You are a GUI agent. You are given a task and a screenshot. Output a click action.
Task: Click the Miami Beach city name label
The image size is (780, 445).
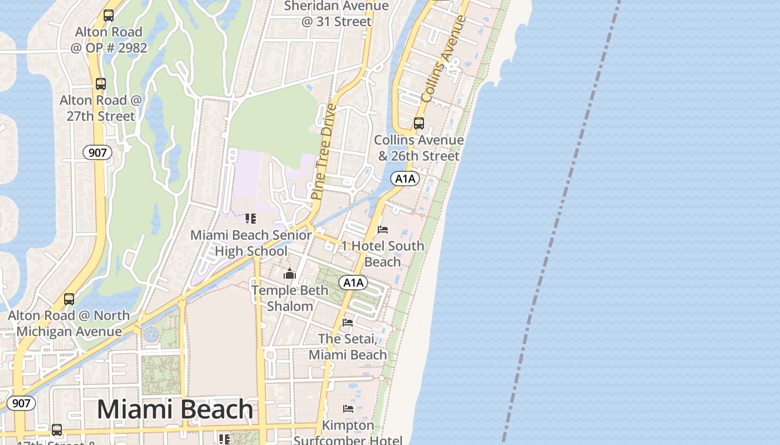(x=175, y=409)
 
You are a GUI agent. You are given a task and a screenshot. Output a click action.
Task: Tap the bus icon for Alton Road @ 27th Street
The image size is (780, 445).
(x=101, y=84)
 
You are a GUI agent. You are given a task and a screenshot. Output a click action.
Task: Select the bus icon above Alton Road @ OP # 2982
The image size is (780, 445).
(x=109, y=16)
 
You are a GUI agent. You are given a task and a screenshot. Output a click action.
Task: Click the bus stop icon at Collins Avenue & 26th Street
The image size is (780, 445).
(x=419, y=123)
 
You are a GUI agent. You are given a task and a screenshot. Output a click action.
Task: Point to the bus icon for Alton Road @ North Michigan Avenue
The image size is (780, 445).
(x=69, y=299)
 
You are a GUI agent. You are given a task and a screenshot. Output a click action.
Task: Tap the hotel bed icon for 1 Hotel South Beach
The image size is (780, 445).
(x=383, y=229)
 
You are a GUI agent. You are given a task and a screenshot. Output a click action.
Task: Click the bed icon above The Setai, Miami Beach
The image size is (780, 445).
(x=348, y=322)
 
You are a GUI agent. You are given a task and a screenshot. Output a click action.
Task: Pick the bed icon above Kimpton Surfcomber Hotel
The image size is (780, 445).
(x=348, y=409)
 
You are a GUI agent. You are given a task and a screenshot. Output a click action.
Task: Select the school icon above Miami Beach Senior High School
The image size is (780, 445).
(x=251, y=219)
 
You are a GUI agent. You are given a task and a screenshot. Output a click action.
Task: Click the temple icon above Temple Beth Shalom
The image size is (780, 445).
(x=290, y=274)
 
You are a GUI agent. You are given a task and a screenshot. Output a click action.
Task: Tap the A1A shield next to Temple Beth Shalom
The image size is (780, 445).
(x=353, y=283)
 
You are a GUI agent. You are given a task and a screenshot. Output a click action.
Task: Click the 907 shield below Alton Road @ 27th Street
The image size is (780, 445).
(x=97, y=152)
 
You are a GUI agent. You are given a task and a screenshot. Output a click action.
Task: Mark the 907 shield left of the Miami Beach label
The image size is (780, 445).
(x=21, y=403)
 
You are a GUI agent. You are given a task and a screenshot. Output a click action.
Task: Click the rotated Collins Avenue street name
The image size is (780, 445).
(x=443, y=58)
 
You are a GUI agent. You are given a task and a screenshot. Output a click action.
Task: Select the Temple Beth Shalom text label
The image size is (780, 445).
(x=290, y=298)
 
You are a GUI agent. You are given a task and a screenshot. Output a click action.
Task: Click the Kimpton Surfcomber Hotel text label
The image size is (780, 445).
(x=348, y=433)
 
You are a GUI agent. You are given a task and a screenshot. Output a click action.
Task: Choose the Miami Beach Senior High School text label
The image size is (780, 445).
(x=251, y=243)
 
